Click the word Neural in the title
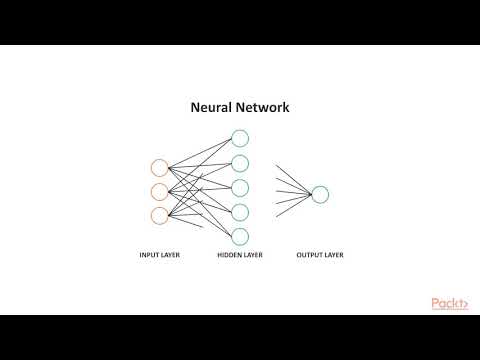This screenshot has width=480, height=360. pos(212,107)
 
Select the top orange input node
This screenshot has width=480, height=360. pos(159,168)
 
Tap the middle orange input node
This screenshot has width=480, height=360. pos(159,192)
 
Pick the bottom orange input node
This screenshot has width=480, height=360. pos(159,216)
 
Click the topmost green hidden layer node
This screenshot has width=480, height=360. pos(240,139)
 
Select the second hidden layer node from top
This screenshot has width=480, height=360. pos(240,163)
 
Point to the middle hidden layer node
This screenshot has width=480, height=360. pos(240,188)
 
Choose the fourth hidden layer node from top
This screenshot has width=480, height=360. pos(240,212)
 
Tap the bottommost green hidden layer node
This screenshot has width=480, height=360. pos(240,236)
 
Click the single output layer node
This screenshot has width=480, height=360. pos(320,194)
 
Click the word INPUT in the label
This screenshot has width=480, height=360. pos(150,255)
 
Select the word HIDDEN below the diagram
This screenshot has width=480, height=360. pos(230,255)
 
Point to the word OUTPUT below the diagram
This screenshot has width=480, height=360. pos(310,255)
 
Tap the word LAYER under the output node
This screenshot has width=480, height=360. pos(333,255)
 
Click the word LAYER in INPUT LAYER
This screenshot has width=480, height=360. pos(172,255)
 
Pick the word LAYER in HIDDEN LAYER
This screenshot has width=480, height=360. pos(254,255)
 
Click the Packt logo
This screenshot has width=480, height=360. pos(450,304)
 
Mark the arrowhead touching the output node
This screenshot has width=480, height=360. pos(309,194)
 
